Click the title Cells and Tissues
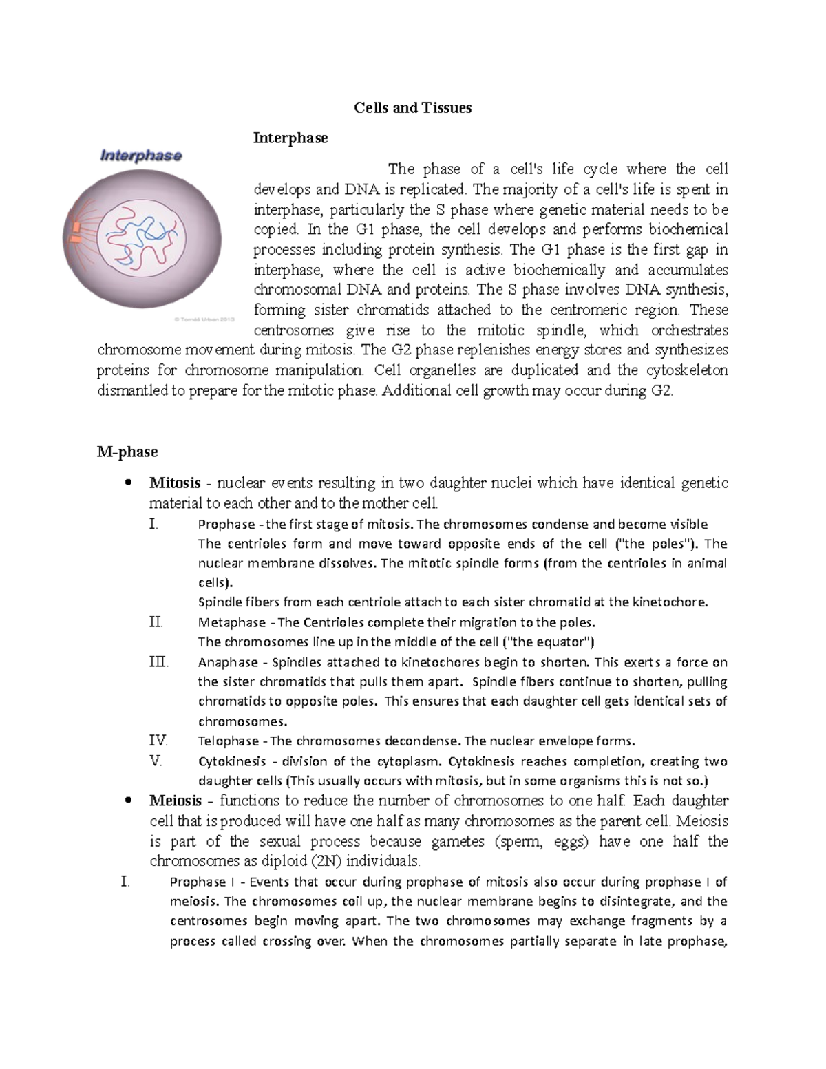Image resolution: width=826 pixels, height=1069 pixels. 412,108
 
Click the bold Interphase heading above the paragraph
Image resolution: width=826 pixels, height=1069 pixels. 290,138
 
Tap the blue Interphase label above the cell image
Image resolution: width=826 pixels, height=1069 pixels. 141,156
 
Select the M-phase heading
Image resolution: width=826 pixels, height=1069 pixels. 127,452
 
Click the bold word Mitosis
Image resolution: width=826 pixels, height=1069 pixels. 175,483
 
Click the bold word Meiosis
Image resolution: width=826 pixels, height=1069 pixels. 176,801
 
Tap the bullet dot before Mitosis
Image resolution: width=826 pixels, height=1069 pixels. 127,483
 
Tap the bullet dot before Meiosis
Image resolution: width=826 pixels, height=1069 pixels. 127,801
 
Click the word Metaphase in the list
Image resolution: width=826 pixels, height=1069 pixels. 231,622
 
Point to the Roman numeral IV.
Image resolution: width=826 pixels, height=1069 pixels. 158,741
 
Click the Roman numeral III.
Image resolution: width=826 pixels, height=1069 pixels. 158,662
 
